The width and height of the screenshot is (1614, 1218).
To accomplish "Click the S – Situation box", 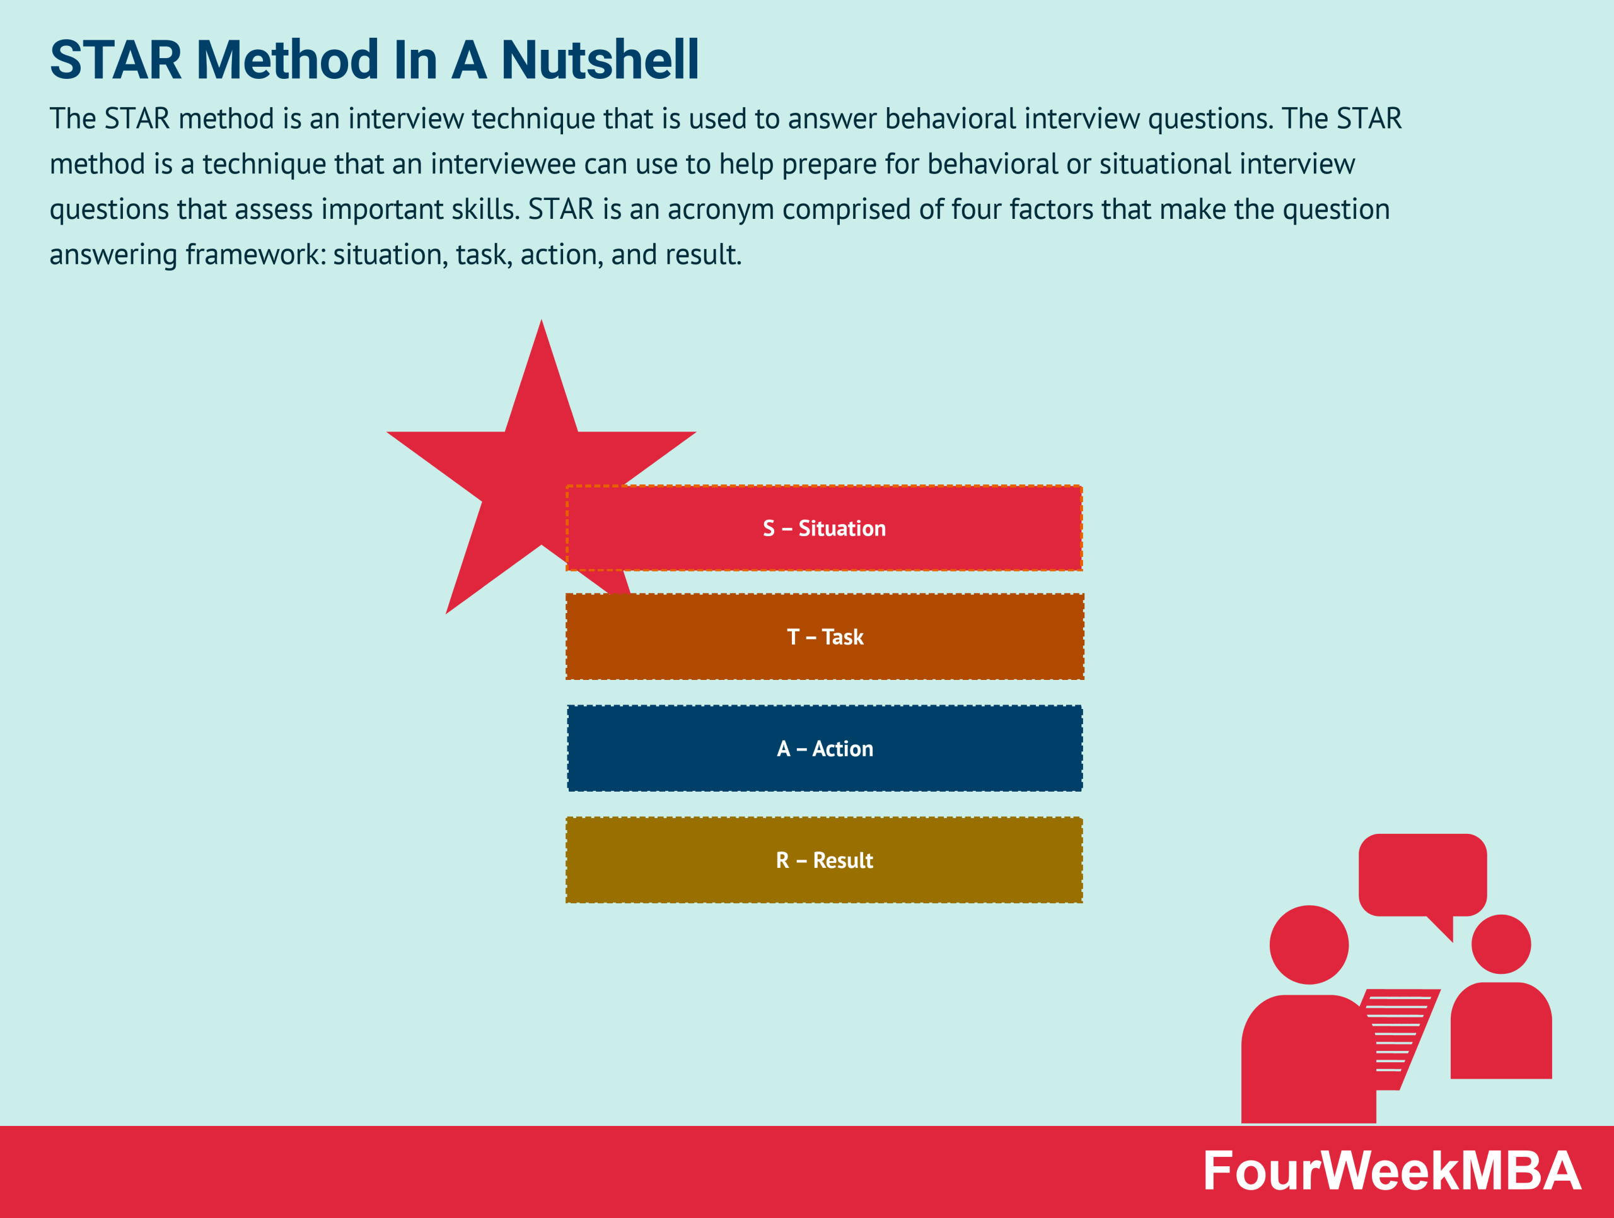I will [x=824, y=527].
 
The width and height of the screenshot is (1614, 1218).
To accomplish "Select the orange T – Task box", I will [x=825, y=636].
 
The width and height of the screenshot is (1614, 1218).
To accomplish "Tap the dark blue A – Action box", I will [x=825, y=748].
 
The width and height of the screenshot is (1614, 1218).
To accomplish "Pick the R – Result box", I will [x=824, y=860].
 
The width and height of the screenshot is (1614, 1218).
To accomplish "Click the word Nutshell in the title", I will [x=600, y=60].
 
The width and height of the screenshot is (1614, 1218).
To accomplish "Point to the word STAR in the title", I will [x=115, y=60].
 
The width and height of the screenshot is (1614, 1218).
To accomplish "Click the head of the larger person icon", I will [x=1309, y=944].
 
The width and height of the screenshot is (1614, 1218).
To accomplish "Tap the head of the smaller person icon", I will [x=1501, y=944].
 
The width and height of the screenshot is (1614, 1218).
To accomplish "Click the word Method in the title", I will [x=287, y=60].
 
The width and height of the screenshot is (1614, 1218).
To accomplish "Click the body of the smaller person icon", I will [x=1501, y=1033].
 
